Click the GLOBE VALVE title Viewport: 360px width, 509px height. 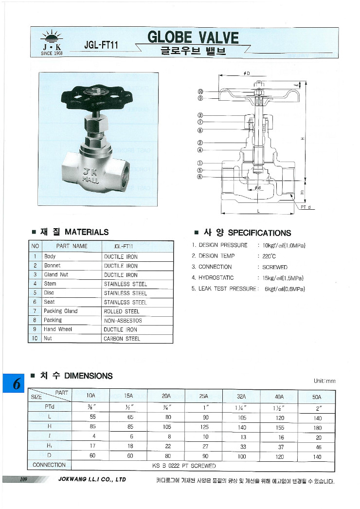(x=193, y=37)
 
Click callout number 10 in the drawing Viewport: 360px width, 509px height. (x=200, y=91)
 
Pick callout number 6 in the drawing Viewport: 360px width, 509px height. (x=200, y=177)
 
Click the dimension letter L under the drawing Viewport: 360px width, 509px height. (x=258, y=211)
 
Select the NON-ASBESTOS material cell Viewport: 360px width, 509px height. (x=123, y=321)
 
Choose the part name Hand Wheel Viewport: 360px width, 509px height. (x=58, y=329)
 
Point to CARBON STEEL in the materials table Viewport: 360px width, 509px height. (x=122, y=339)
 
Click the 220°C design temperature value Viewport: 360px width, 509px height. (x=269, y=256)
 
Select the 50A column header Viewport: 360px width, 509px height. (x=317, y=397)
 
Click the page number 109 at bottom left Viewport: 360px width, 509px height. (x=23, y=480)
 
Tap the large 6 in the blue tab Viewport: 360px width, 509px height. (x=16, y=384)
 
